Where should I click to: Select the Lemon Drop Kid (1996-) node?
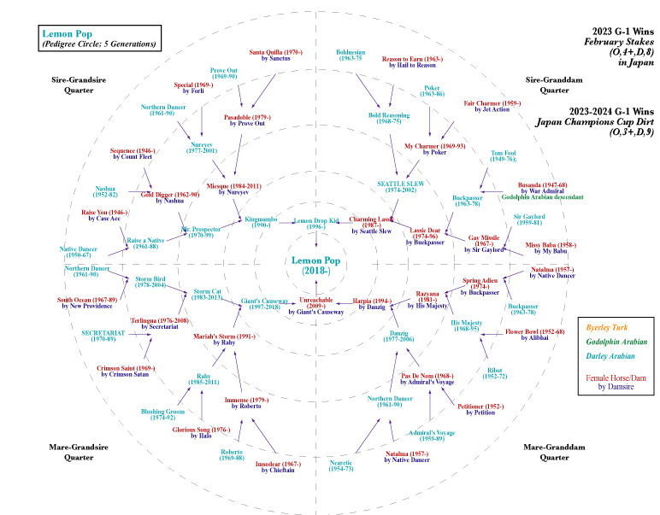316,224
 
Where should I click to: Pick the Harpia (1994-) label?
371,303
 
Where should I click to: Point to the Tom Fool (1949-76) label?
503,156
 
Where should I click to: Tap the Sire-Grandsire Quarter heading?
79,85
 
